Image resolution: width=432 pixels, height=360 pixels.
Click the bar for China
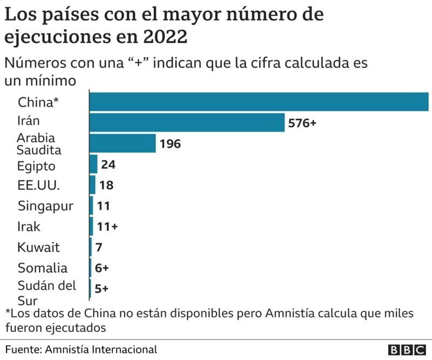tap(259, 102)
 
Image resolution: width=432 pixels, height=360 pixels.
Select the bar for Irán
tap(187, 123)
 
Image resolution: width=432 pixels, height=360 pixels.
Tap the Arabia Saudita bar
tap(123, 144)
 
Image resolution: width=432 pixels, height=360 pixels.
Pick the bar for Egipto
tap(93, 164)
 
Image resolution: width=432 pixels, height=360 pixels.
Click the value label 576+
tap(302, 123)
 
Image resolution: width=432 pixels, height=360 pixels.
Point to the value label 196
tap(170, 144)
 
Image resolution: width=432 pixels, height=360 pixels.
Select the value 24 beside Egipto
tap(108, 165)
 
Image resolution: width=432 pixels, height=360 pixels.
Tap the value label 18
tap(106, 185)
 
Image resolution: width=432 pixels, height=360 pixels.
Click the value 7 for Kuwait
tap(98, 247)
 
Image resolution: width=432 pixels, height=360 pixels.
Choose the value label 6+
tap(102, 268)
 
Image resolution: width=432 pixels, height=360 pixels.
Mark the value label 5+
tap(102, 289)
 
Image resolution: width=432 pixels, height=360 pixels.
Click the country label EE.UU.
tap(39, 186)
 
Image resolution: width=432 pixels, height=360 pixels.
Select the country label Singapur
tap(46, 206)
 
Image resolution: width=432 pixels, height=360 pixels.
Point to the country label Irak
tap(29, 227)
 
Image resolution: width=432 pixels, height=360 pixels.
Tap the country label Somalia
tap(43, 268)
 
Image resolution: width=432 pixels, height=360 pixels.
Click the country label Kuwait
tap(39, 248)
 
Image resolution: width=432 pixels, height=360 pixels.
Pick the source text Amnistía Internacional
tap(102, 349)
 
